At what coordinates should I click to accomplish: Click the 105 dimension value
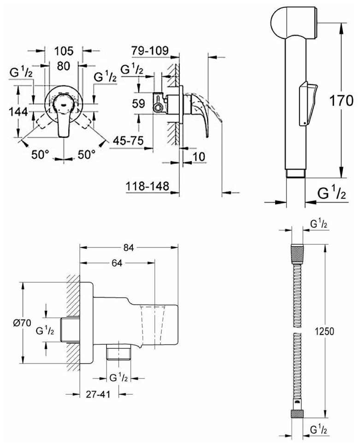tap(64, 50)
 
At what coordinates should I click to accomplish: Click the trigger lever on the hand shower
tap(308, 102)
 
